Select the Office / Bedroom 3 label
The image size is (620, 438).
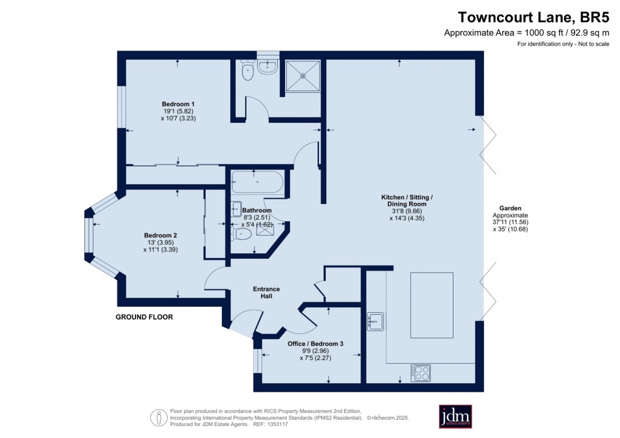tap(315, 344)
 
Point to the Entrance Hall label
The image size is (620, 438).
tap(266, 293)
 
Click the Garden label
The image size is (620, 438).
tap(510, 208)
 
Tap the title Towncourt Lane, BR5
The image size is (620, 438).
tap(534, 18)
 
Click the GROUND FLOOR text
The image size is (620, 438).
tap(144, 317)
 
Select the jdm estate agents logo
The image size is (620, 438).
tap(455, 416)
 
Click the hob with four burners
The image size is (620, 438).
tap(421, 373)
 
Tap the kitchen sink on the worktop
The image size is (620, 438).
tap(375, 321)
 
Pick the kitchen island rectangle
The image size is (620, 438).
tap(432, 305)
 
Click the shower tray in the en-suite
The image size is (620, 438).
tap(303, 75)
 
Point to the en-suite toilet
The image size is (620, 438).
tap(247, 70)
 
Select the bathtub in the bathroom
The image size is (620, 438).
tap(257, 182)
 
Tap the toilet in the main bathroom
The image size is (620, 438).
tap(241, 234)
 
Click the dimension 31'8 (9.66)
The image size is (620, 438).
tap(407, 211)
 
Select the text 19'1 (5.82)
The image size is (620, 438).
tap(178, 112)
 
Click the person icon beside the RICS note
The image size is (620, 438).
tap(159, 417)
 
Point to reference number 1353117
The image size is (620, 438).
tap(278, 425)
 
